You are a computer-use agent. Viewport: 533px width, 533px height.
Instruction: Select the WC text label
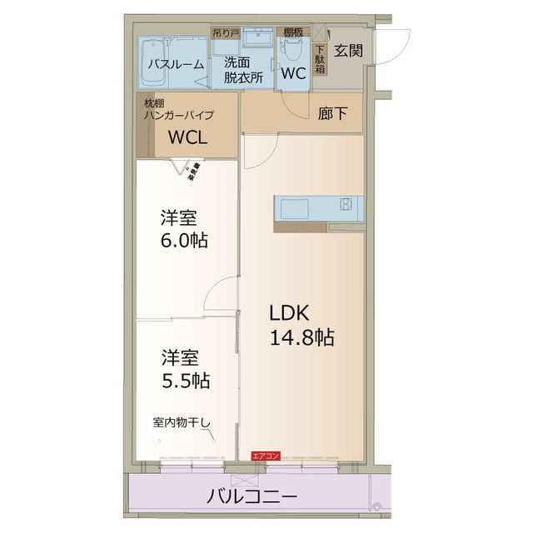293,72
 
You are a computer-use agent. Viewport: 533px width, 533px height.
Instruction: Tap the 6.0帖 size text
185,242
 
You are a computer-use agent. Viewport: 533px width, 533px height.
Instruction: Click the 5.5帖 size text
185,381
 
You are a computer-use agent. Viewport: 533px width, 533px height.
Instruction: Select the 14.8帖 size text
301,337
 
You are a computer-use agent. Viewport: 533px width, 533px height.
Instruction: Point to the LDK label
288,313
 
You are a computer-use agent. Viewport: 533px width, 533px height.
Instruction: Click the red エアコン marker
266,456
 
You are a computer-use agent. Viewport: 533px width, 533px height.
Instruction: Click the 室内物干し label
182,422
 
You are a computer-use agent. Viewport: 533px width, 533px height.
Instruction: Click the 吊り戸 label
223,34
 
